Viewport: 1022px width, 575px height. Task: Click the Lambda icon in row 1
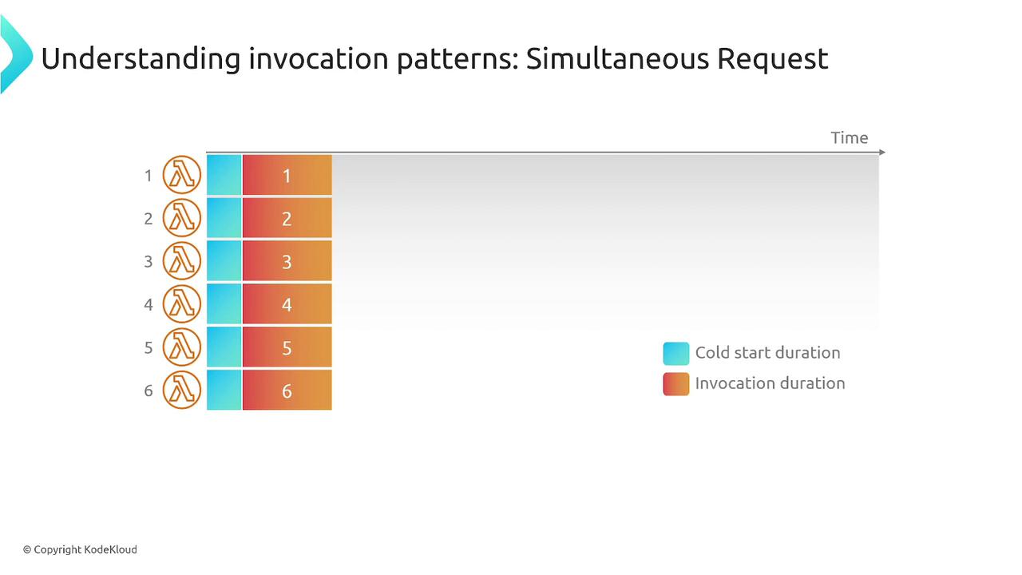coord(181,175)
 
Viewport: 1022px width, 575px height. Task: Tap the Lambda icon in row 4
coord(181,304)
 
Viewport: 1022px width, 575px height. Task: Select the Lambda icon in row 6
coord(181,390)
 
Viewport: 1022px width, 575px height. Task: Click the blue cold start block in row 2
coord(224,218)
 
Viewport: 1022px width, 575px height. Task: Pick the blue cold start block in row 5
coord(224,347)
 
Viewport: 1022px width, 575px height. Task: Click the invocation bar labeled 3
coord(287,260)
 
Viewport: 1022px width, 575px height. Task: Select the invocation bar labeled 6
coord(287,390)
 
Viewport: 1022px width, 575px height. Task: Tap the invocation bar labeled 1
coord(287,175)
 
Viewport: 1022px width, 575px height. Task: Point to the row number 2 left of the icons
coord(149,219)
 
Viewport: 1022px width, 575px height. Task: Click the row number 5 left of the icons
coord(149,348)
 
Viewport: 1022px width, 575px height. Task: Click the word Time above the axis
coord(849,138)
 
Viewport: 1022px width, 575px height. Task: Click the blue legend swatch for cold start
coord(676,353)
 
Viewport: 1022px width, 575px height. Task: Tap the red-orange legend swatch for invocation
coord(676,384)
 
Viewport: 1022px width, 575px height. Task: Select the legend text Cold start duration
coord(767,353)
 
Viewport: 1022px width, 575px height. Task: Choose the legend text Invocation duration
coord(770,383)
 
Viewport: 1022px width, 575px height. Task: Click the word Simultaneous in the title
coord(617,59)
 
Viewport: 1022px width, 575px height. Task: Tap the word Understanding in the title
coord(141,60)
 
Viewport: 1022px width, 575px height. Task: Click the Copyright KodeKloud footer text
coord(81,549)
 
